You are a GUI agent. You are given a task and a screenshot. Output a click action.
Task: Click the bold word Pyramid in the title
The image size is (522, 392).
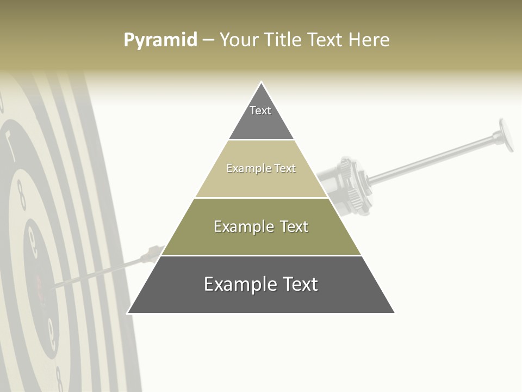[160, 40]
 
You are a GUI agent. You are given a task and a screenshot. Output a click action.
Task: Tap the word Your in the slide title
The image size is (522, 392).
[239, 40]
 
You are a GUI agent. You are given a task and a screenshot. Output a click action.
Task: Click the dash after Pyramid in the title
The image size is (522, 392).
[208, 40]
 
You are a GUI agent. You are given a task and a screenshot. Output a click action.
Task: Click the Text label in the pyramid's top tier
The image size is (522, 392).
[260, 111]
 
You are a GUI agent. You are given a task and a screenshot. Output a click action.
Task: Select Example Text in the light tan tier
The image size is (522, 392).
[261, 168]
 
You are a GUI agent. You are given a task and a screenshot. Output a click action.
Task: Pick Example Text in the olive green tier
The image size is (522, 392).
[261, 226]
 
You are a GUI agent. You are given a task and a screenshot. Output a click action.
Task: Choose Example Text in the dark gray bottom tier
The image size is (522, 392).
[261, 284]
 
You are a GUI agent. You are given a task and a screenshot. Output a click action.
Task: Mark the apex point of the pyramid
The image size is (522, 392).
[262, 82]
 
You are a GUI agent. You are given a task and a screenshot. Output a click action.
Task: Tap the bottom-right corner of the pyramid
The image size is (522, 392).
[394, 313]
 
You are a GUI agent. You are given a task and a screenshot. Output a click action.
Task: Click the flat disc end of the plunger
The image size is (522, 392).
[506, 134]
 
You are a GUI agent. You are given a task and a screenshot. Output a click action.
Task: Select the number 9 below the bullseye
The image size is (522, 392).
[52, 332]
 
